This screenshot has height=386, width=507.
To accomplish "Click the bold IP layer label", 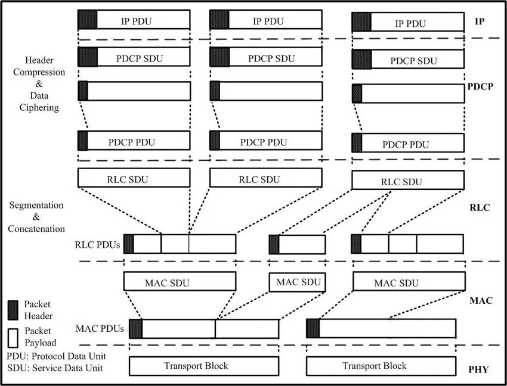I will click(x=479, y=21).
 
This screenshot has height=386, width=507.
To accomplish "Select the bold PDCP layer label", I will click(x=481, y=86).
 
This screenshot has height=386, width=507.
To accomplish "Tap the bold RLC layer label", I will click(x=480, y=208).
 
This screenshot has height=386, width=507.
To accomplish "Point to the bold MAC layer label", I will click(x=481, y=301).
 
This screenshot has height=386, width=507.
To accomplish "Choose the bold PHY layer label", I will click(x=478, y=369).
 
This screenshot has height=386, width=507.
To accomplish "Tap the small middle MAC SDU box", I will click(x=297, y=282).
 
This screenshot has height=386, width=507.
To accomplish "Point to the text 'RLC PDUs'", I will click(x=97, y=244).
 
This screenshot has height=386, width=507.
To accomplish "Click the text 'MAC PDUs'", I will click(x=100, y=328).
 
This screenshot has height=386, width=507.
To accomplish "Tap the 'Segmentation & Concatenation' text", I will click(x=36, y=217).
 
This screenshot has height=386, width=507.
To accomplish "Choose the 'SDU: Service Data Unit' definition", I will click(x=55, y=368).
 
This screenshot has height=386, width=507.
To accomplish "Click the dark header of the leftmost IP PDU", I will click(x=87, y=20).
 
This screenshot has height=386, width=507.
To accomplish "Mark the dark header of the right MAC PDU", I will click(x=313, y=329).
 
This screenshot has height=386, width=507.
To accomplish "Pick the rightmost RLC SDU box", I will click(x=408, y=181).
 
